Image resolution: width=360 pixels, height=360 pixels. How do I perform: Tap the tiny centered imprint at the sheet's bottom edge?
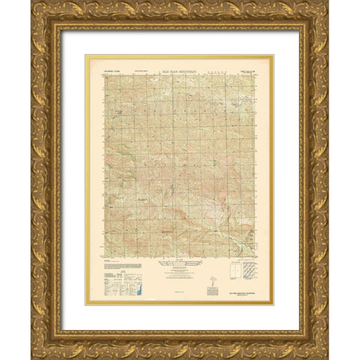(180, 299)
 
